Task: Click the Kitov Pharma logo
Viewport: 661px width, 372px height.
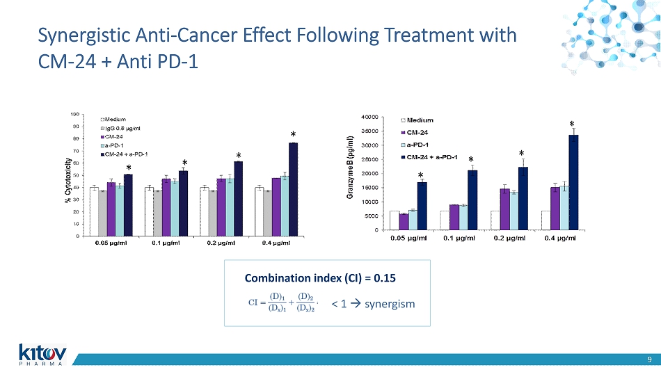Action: pos(41,353)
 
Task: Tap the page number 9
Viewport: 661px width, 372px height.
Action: pos(648,359)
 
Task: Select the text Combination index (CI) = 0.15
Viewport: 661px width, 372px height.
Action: pos(320,278)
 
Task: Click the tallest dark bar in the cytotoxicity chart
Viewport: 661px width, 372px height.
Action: pos(293,189)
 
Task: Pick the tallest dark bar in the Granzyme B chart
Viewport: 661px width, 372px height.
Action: pos(573,182)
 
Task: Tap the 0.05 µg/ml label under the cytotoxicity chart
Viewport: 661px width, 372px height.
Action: pos(111,243)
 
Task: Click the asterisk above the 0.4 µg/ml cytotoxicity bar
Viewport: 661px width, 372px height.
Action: pos(293,135)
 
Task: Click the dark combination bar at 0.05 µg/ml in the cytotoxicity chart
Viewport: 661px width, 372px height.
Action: pos(128,204)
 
